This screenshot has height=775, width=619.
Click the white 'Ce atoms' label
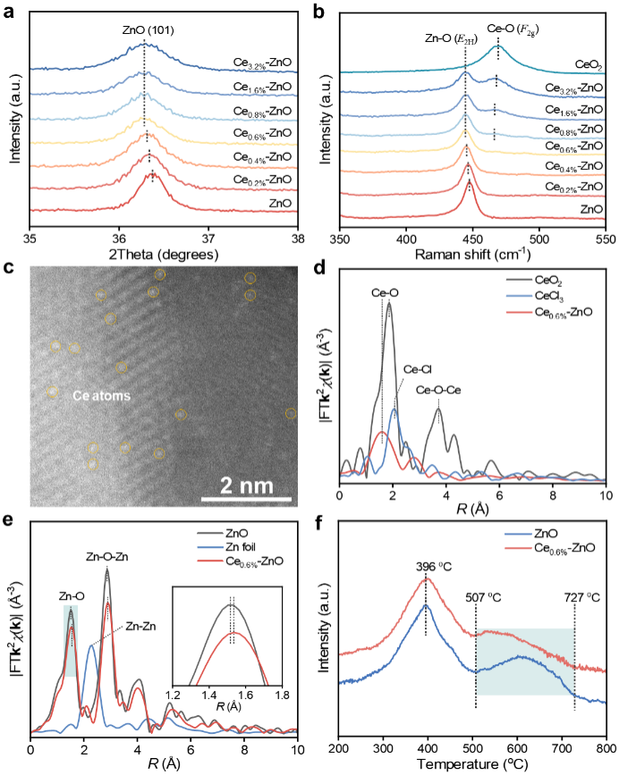click(x=101, y=395)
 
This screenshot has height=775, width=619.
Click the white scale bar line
click(x=245, y=499)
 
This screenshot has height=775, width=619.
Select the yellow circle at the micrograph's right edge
click(x=291, y=413)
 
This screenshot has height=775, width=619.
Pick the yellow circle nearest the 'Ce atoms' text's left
click(x=52, y=392)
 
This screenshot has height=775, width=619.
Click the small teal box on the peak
click(x=71, y=640)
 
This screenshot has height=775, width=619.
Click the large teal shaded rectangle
click(x=524, y=661)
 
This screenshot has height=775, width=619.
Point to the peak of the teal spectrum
click(x=497, y=47)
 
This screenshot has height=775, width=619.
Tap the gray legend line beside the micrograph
click(x=519, y=280)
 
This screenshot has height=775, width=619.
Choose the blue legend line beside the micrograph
click(x=519, y=296)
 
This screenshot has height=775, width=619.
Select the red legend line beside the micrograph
click(x=519, y=312)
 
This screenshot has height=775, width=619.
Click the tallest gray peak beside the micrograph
click(x=388, y=301)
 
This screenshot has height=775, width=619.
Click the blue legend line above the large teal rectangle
click(x=518, y=535)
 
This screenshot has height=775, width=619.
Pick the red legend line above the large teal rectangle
click(x=518, y=548)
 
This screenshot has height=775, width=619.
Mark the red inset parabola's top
click(x=232, y=633)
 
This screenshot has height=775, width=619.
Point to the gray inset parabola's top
click(x=232, y=605)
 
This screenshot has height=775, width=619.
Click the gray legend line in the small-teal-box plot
click(x=209, y=534)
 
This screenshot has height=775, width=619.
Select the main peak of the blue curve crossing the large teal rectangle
click(x=426, y=605)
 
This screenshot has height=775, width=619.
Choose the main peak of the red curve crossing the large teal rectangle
click(x=426, y=578)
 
